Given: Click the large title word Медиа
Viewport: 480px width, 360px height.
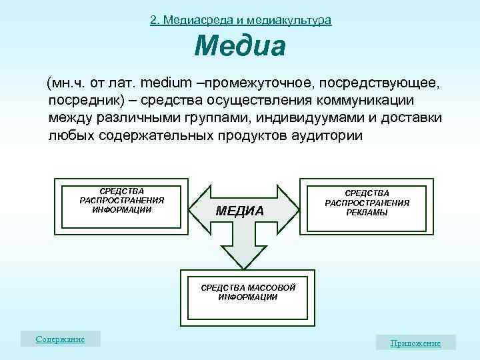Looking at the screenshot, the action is click(x=240, y=47).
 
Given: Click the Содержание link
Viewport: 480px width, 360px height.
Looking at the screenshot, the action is click(x=61, y=339).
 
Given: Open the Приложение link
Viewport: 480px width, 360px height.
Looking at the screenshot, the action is click(x=415, y=343).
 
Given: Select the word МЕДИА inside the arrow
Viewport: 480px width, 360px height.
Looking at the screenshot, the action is click(x=240, y=211).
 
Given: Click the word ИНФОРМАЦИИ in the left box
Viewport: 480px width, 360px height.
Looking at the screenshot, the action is click(x=122, y=209).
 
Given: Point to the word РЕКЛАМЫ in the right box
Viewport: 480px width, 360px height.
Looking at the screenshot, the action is click(x=367, y=213).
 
